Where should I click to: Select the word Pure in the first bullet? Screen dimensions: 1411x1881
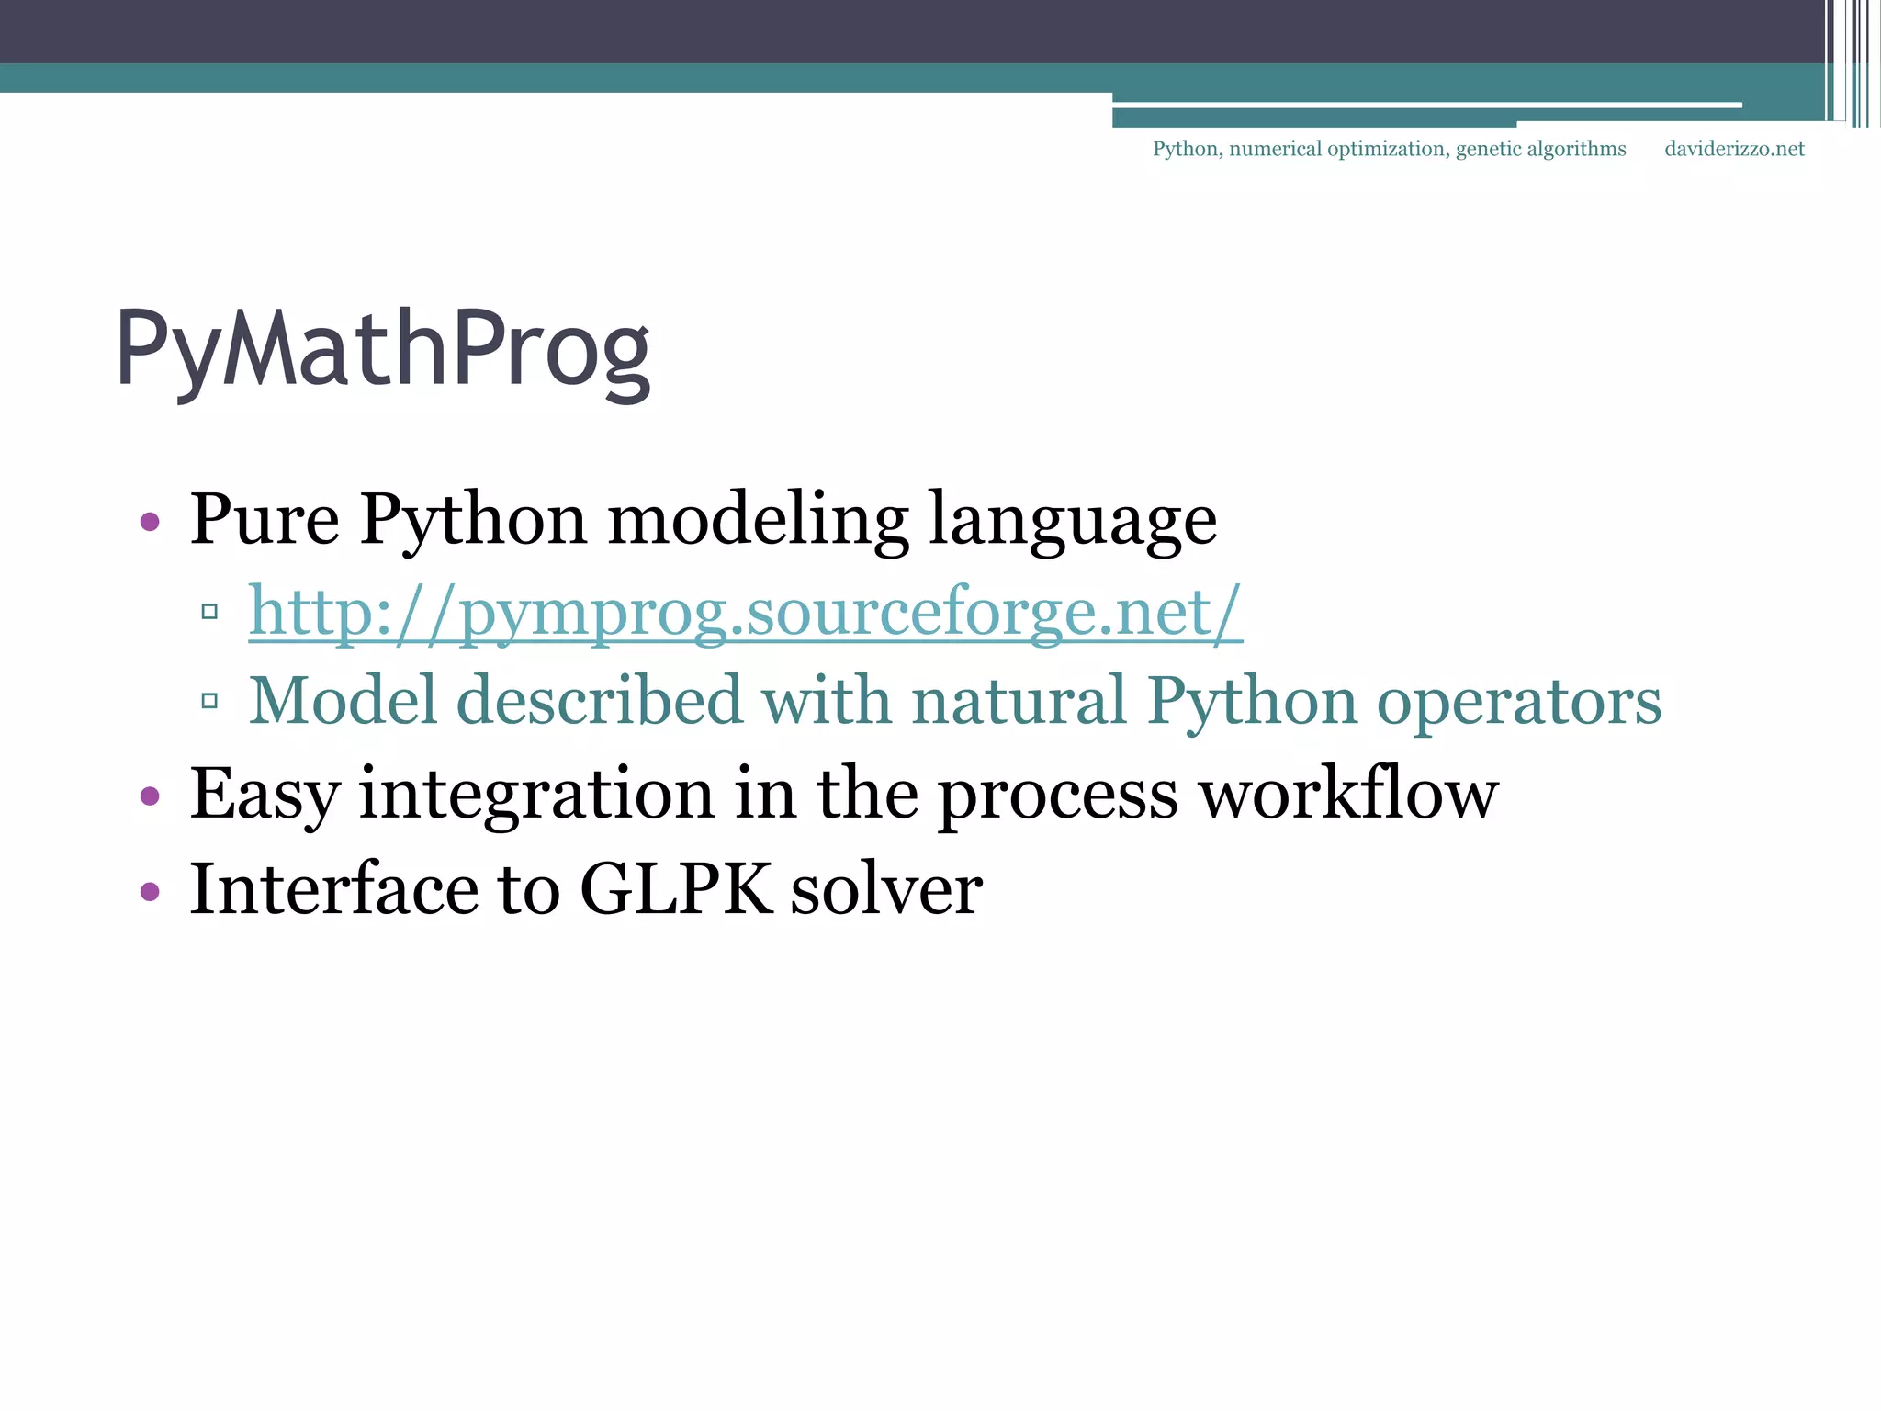click(x=265, y=520)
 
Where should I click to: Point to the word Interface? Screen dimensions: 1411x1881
click(x=333, y=889)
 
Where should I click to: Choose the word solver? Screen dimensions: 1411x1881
click(x=886, y=891)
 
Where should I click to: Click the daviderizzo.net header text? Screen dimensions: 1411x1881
click(x=1734, y=149)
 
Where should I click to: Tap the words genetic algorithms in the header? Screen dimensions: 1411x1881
click(x=1540, y=149)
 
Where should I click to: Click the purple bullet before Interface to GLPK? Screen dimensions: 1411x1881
click(x=150, y=891)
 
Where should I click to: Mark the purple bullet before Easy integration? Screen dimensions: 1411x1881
click(x=150, y=796)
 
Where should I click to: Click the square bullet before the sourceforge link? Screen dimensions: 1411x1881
click(x=209, y=611)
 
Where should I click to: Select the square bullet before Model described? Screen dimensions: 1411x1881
click(x=209, y=701)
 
